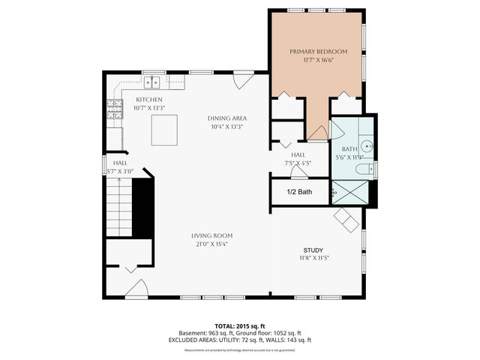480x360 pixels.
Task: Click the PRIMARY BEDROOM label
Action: point(319,51)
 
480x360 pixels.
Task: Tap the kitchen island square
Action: point(165,130)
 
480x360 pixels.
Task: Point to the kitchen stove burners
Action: point(114,111)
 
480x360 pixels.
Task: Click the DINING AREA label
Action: point(227,118)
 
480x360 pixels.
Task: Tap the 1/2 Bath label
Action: point(299,192)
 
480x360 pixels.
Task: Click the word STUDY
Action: point(313,250)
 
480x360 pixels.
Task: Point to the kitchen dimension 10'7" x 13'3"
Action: point(148,108)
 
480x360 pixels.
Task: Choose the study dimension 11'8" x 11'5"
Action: point(313,258)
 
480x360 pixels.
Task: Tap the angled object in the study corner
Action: point(347,219)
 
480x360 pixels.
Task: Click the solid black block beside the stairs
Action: point(142,205)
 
